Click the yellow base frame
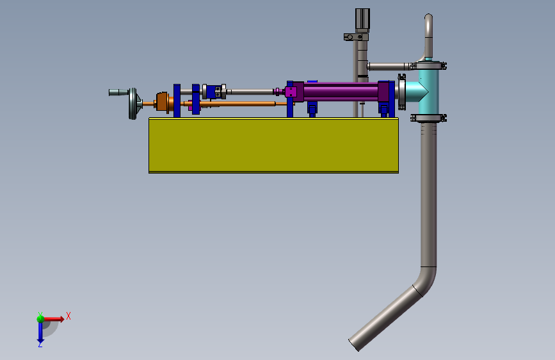(273, 145)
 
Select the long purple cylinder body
(341, 92)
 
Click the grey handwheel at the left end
(133, 104)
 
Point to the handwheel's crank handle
(118, 92)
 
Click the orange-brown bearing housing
(163, 102)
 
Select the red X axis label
(68, 316)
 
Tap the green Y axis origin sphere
(40, 318)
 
